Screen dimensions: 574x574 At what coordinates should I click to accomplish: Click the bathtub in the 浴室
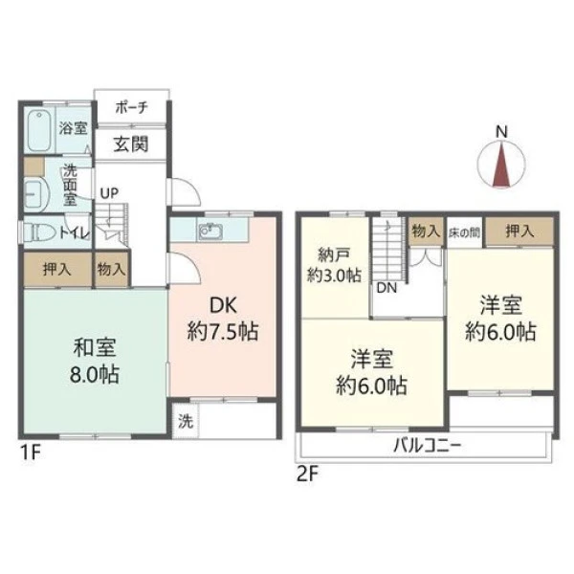click(39, 130)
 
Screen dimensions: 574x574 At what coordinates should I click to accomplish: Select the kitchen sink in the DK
click(210, 231)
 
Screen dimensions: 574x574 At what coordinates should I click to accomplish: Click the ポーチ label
click(131, 107)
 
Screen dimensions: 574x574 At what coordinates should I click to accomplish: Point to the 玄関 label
click(131, 143)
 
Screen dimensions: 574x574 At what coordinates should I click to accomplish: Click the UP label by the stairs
click(109, 193)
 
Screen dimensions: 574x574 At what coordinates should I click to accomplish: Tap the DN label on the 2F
click(386, 288)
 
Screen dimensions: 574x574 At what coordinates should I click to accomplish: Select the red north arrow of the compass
click(501, 166)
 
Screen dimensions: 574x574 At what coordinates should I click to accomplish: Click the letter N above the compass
click(501, 131)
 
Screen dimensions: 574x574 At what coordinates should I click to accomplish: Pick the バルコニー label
click(428, 446)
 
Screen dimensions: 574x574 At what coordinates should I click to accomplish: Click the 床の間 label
click(464, 232)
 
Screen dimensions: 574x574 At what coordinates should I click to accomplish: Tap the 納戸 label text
click(334, 254)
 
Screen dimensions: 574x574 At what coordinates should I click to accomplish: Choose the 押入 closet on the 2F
click(519, 232)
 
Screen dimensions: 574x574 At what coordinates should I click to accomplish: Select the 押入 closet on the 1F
click(57, 270)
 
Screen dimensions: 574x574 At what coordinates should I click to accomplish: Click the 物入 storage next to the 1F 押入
click(112, 270)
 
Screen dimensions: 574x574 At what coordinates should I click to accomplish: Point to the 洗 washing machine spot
click(186, 421)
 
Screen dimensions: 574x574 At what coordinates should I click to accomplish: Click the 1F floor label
click(31, 453)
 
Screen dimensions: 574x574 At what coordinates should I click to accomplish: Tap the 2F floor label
click(307, 475)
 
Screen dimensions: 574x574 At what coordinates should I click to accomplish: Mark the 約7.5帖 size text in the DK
click(223, 332)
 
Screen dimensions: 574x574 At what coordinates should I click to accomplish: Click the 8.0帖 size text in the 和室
click(95, 374)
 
